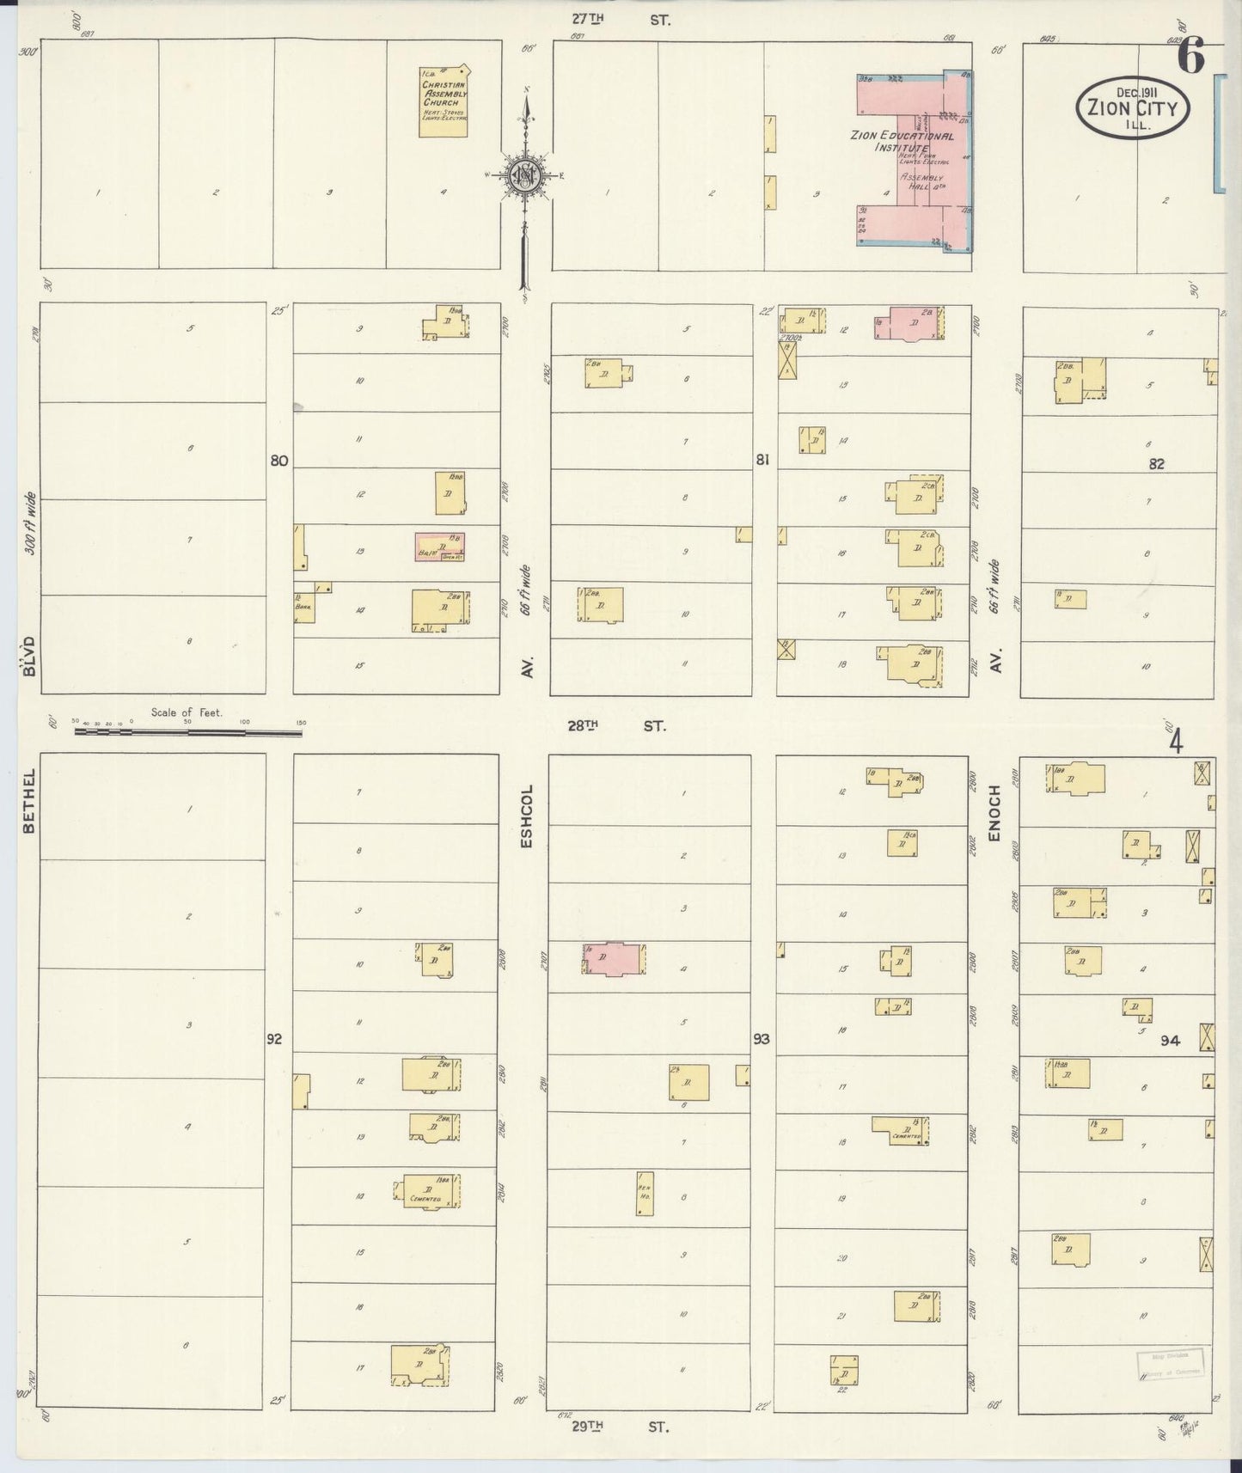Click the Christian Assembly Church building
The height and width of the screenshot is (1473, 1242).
[x=444, y=101]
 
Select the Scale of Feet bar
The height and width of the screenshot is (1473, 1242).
[x=187, y=732]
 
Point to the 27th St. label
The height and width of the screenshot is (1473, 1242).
[x=621, y=18]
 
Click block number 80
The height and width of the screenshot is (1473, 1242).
[x=278, y=461]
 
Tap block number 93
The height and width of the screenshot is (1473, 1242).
[x=762, y=1039]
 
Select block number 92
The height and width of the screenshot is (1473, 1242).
[x=274, y=1039]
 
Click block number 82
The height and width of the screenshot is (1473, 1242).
[x=1156, y=463]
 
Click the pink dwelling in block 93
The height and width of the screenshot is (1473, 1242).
[x=614, y=959]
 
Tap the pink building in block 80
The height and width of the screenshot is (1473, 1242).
[x=440, y=546]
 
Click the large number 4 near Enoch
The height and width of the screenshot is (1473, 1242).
[x=1175, y=741]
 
